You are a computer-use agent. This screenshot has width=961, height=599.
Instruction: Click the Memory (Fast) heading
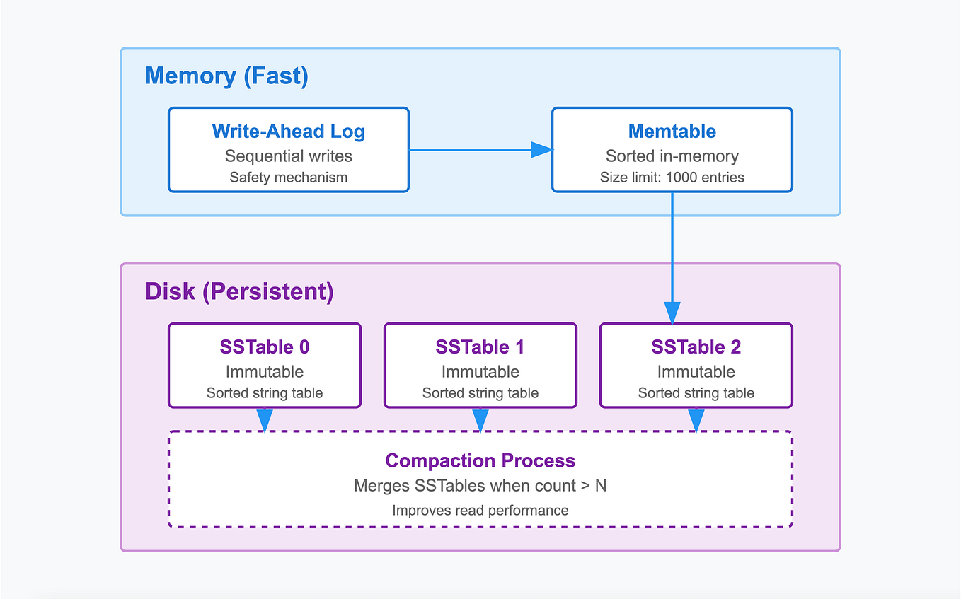coord(226,76)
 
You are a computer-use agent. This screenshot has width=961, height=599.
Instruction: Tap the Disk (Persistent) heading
coord(239,291)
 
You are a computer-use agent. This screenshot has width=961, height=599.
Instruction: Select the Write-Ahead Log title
coord(288,132)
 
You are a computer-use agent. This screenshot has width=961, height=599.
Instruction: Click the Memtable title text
coord(672,132)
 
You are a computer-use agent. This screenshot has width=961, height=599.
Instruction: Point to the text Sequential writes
coord(288,156)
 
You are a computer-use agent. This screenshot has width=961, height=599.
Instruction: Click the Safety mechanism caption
coord(288,178)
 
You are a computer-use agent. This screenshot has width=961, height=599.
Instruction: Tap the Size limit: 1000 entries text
coord(672,178)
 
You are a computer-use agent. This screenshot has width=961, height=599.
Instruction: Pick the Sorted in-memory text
coord(672,156)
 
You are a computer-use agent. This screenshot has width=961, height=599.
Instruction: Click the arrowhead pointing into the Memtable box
coord(541,149)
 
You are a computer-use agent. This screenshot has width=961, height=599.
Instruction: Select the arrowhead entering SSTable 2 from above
coord(672,312)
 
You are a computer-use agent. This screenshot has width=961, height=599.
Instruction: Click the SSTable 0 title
coord(264,347)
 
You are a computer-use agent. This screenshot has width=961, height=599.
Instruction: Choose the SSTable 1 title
coord(480,347)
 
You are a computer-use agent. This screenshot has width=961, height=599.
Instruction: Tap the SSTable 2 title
coord(696,347)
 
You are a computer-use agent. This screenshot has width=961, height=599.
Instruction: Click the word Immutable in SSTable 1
coord(480,371)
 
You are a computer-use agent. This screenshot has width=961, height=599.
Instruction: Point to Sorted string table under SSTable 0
coord(264,393)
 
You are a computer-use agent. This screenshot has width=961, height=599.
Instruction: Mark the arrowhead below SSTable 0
coord(265,420)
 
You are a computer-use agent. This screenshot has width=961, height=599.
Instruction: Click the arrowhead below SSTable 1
coord(480,420)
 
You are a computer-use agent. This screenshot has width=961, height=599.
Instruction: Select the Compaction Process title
coord(480,461)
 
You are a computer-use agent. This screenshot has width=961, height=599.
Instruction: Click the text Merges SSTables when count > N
coord(480,487)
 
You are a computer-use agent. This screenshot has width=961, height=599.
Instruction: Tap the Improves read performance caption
coord(480,510)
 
